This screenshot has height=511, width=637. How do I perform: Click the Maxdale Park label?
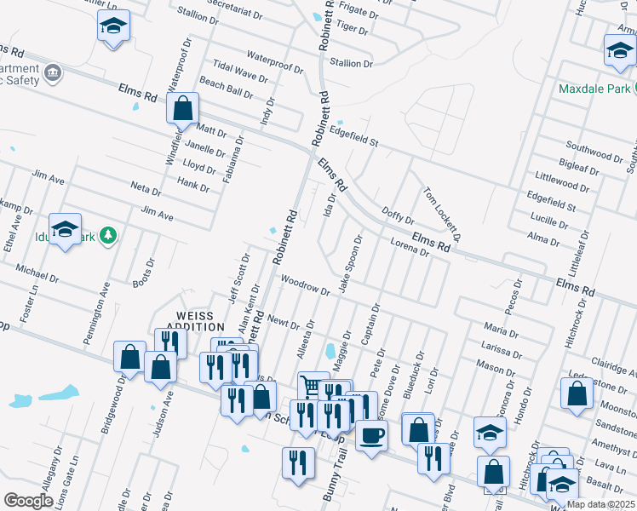pos(594,89)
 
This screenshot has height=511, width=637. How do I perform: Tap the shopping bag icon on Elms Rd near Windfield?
pos(183,109)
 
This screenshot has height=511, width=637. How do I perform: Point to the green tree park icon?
pos(107,234)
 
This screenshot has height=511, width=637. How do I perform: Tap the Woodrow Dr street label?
pos(306,285)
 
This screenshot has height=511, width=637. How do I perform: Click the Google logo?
pos(28,501)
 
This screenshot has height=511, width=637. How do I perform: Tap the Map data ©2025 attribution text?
pos(601,504)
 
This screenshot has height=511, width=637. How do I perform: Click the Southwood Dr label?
pos(594,155)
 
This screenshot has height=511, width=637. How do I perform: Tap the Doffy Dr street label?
pos(398,215)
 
